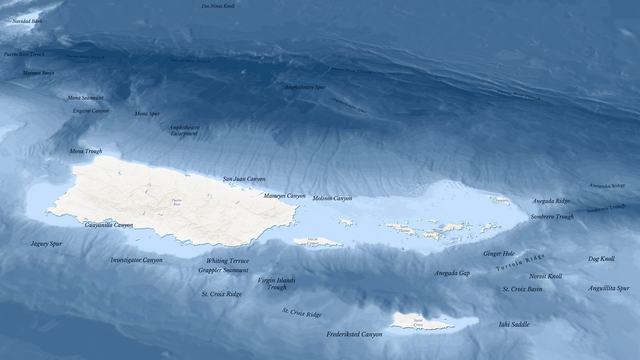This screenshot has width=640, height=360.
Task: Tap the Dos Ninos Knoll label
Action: pyautogui.click(x=219, y=6)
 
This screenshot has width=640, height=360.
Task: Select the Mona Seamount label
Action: pyautogui.click(x=85, y=98)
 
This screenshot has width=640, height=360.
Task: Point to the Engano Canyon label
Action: pyautogui.click(x=91, y=111)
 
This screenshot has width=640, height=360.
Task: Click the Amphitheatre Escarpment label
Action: pyautogui.click(x=184, y=131)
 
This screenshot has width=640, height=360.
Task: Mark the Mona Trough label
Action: pyautogui.click(x=85, y=151)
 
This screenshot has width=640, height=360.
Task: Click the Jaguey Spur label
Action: pyautogui.click(x=46, y=243)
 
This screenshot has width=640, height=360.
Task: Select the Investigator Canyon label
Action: pyautogui.click(x=136, y=260)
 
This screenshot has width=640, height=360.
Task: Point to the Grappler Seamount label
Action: pyautogui.click(x=223, y=270)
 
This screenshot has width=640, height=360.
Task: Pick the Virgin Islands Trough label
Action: pyautogui.click(x=276, y=284)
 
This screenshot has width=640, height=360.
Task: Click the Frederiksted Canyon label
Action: pyautogui.click(x=354, y=334)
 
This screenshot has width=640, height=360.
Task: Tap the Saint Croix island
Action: pyautogui.click(x=420, y=322)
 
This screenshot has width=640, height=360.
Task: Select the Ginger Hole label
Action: pyautogui.click(x=499, y=254)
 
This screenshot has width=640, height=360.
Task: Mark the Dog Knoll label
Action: pyautogui.click(x=601, y=259)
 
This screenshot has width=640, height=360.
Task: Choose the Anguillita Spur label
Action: pyautogui.click(x=608, y=288)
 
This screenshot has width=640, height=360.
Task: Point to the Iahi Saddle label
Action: pyautogui.click(x=514, y=324)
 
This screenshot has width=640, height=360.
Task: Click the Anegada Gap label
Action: pyautogui.click(x=451, y=273)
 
